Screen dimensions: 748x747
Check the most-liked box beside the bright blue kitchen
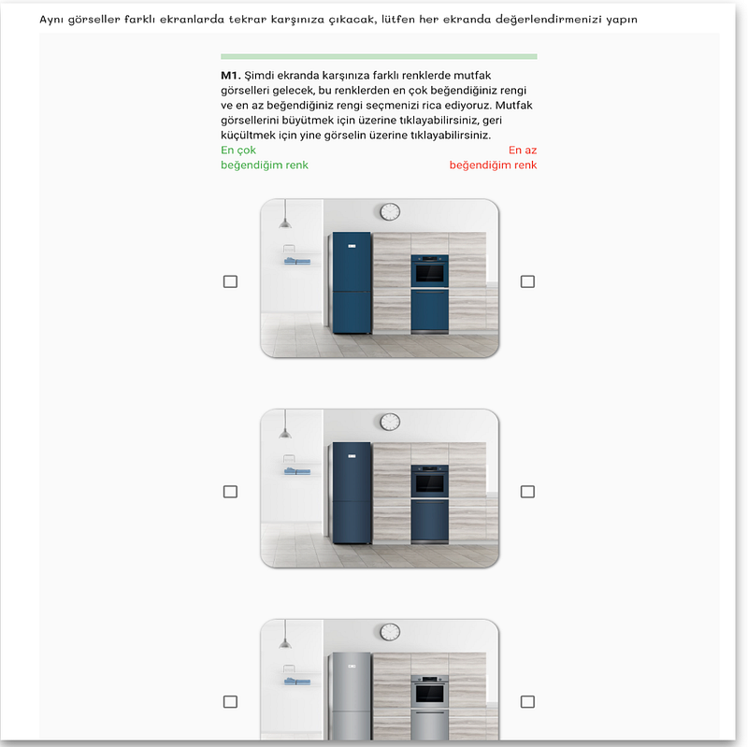230,281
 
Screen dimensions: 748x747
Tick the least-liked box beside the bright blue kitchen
527,281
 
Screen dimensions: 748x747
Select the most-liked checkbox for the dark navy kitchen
230,492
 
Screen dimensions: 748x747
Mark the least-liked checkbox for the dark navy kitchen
527,492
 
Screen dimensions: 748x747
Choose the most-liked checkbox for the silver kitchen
230,701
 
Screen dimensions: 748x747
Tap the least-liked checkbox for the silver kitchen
527,701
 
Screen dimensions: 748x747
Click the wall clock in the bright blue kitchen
390,211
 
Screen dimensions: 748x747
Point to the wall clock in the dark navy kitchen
390,422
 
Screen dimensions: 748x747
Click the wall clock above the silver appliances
390,632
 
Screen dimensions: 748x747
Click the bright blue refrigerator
352,282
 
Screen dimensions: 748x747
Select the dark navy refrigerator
352,493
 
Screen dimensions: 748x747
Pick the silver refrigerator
352,697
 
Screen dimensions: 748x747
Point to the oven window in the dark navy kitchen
430,483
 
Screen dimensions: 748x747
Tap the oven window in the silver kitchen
430,694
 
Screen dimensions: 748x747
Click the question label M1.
230,76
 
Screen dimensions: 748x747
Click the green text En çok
238,151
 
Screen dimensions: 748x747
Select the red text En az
523,151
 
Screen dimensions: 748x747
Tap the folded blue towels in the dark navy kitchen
297,471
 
